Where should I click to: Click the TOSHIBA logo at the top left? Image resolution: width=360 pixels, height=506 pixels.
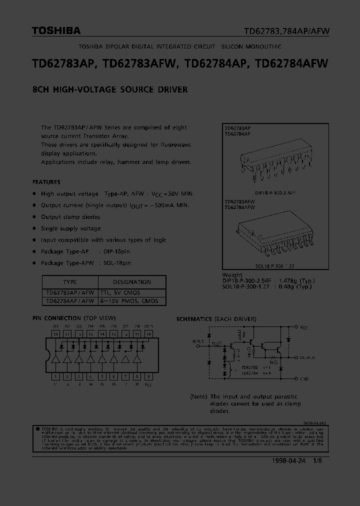click(x=56, y=31)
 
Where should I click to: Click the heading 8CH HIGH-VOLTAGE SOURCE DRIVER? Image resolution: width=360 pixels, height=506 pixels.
click(x=110, y=90)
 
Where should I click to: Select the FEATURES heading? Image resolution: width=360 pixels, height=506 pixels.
click(x=46, y=182)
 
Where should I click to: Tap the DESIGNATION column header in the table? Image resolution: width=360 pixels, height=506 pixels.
click(x=132, y=282)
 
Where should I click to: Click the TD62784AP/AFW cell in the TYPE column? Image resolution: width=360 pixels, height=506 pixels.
click(x=70, y=301)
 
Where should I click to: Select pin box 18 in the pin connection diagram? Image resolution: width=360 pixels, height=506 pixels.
click(x=56, y=333)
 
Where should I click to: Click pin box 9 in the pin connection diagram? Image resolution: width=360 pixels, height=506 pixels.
click(x=149, y=377)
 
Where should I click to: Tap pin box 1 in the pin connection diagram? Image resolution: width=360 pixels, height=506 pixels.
click(x=56, y=377)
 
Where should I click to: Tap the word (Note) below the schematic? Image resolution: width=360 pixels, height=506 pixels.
click(x=199, y=396)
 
